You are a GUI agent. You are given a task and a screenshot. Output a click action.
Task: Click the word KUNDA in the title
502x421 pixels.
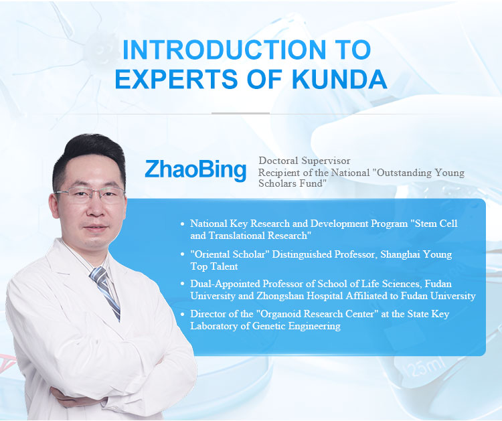[339, 78]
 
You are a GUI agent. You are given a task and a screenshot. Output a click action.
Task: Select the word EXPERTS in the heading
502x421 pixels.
[177, 78]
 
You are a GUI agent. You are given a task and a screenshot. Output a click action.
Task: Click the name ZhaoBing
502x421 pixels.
[195, 170]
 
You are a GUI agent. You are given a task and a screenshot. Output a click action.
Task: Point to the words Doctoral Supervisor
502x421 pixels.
[305, 161]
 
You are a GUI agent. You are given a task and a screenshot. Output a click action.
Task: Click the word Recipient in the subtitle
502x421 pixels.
[277, 173]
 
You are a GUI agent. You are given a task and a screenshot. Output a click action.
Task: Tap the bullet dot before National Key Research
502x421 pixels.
[183, 224]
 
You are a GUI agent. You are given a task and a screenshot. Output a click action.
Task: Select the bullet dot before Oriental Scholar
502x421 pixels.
[183, 254]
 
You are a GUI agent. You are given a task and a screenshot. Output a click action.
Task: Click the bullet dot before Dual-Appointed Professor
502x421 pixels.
[183, 284]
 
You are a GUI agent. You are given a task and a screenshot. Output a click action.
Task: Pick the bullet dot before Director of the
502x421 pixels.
[183, 314]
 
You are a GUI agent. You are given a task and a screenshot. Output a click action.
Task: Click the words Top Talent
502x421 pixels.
[214, 266]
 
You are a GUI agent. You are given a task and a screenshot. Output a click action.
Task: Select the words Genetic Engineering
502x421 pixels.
[296, 326]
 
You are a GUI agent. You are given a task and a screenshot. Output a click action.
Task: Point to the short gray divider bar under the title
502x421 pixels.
[240, 113]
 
